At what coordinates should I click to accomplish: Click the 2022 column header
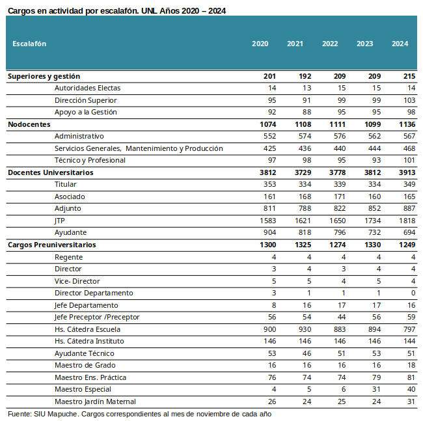tap(330, 44)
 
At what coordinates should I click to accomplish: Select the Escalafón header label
tap(29, 44)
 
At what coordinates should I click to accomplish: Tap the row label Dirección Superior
tap(85, 100)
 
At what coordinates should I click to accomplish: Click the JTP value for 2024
tap(407, 221)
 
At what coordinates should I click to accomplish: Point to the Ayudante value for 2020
tap(270, 232)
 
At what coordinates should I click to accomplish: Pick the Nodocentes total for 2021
tap(303, 124)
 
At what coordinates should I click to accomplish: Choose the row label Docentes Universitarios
tap(51, 172)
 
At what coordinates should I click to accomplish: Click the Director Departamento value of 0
tap(413, 293)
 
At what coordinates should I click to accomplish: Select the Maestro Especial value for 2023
tap(376, 389)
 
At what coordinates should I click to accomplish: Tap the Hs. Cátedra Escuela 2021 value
tap(305, 329)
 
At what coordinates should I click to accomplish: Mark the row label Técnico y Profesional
tap(90, 160)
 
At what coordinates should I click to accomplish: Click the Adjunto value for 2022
tap(339, 208)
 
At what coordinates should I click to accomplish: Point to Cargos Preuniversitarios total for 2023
tap(372, 245)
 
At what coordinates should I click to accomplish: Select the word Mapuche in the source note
tap(64, 414)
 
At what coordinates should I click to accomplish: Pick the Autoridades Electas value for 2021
tap(307, 88)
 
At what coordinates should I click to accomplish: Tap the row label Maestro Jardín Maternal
tap(95, 401)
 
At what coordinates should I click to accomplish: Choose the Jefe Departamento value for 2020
tap(274, 305)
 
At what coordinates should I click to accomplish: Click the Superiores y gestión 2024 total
tap(409, 76)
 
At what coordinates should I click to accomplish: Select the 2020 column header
tap(260, 44)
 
